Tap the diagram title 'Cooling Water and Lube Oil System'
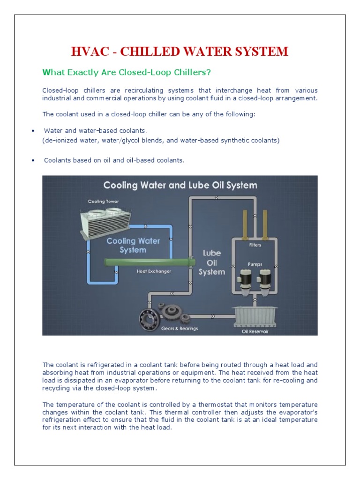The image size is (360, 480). [x=180, y=185]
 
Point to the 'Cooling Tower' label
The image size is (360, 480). [x=103, y=202]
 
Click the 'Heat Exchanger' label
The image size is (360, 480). [x=153, y=271]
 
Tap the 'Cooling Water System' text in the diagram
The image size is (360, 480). [x=133, y=245]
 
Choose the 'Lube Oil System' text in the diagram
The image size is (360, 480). [x=211, y=262]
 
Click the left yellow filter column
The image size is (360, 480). [x=245, y=224]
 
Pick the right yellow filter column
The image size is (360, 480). [x=265, y=224]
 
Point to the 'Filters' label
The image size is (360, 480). [x=255, y=245]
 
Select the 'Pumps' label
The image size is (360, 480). [x=255, y=264]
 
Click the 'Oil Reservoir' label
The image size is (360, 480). [x=255, y=331]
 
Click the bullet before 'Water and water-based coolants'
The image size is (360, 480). [x=32, y=131]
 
